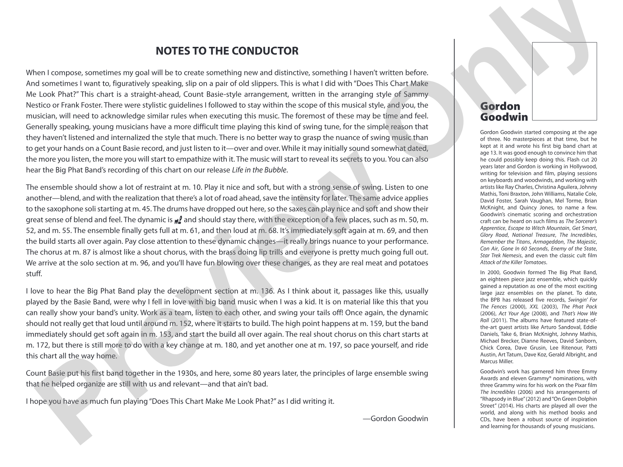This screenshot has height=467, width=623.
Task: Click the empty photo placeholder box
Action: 564,81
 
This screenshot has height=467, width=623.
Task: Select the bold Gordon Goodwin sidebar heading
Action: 504,112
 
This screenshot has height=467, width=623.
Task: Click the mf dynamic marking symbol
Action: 178,220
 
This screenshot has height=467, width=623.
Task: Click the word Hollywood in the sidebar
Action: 582,166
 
